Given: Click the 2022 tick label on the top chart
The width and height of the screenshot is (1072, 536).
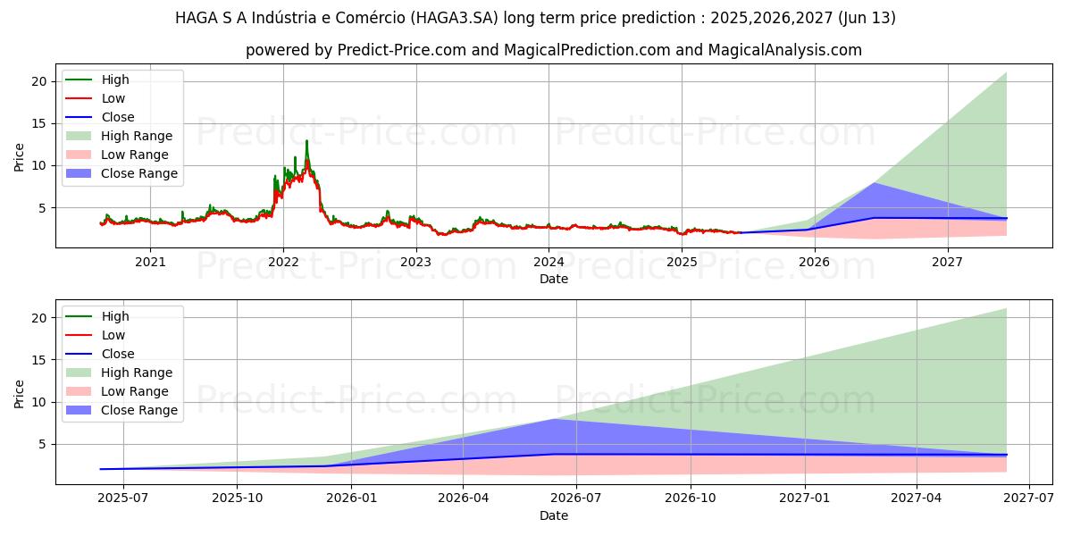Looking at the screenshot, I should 283,262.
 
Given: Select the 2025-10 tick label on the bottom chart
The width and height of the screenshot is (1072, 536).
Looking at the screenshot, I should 238,498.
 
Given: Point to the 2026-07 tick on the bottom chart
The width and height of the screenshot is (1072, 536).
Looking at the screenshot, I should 577,498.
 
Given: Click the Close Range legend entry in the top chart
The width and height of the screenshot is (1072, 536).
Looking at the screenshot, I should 138,173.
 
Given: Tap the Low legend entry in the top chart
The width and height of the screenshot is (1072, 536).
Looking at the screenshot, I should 113,98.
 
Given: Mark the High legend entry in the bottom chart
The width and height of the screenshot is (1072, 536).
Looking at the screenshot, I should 115,316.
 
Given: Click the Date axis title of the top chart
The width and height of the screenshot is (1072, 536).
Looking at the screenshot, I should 553,279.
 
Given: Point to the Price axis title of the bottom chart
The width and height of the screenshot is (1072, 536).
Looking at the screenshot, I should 20,393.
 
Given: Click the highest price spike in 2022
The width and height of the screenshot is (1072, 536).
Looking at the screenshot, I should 306,141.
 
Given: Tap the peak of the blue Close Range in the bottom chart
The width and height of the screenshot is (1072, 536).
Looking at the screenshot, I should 554,419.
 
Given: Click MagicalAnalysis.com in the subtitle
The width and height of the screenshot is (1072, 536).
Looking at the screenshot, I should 785,50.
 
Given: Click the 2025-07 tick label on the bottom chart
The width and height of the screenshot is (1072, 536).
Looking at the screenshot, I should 123,498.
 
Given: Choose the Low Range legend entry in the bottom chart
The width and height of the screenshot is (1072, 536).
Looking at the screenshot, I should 135,391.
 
